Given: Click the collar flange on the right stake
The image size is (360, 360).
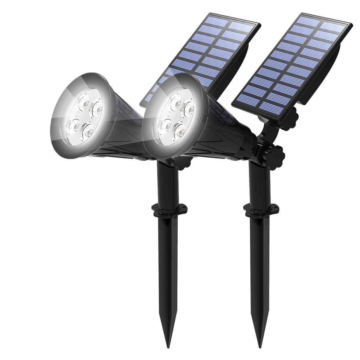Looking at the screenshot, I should click(260, 209).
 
